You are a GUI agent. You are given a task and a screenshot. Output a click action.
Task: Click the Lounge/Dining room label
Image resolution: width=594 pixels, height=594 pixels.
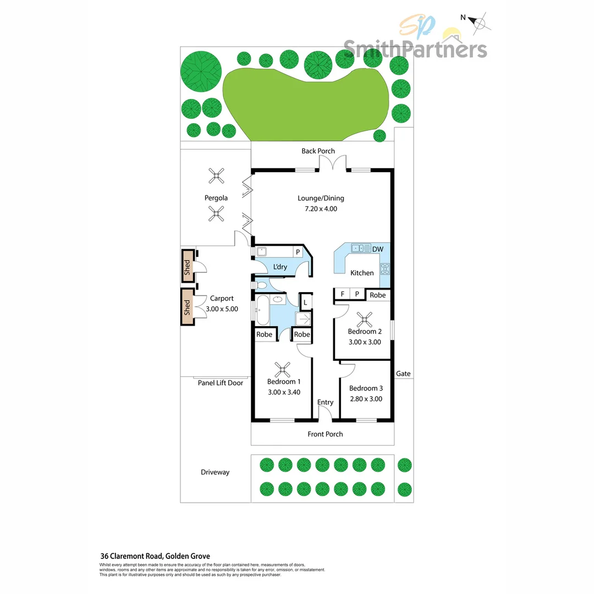coord(321,199)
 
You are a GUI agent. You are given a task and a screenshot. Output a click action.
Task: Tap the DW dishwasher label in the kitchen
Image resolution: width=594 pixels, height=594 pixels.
coord(378,249)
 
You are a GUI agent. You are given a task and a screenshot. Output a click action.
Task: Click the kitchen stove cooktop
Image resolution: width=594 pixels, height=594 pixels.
coord(385,269)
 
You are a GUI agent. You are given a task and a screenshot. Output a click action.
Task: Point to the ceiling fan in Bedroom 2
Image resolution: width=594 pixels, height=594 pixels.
coord(364,318)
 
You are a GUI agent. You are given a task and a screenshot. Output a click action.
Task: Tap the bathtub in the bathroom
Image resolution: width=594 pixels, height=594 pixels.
coord(262,310)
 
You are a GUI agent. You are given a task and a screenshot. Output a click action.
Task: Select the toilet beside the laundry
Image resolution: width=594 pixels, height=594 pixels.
coord(261,285)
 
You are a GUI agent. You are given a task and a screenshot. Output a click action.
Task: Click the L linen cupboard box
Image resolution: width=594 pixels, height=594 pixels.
coord(305,301)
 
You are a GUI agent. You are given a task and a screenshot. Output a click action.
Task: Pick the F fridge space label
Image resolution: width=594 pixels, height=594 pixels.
coord(342,295)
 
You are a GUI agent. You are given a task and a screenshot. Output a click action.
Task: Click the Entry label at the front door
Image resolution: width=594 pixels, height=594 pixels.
coord(325,402)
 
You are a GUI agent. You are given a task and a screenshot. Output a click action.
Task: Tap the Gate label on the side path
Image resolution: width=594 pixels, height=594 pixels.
coord(403,374)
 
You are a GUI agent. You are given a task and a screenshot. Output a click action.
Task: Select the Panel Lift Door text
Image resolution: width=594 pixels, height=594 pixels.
coord(220,383)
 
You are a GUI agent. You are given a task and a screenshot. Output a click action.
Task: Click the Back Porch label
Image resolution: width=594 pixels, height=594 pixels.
coord(318,151)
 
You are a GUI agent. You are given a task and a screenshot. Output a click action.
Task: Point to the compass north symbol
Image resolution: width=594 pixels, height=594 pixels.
coord(480,23)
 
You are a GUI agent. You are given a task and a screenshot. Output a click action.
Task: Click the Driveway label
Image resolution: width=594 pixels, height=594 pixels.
coord(215,472)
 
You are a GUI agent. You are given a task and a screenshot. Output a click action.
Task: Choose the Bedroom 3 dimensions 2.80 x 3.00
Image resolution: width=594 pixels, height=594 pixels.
coord(366,399)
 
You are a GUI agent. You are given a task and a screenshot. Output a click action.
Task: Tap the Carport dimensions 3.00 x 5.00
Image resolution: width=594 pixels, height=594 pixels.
coord(222,309)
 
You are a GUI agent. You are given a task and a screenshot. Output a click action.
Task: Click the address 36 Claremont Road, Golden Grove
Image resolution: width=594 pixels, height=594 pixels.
coord(155,556)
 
